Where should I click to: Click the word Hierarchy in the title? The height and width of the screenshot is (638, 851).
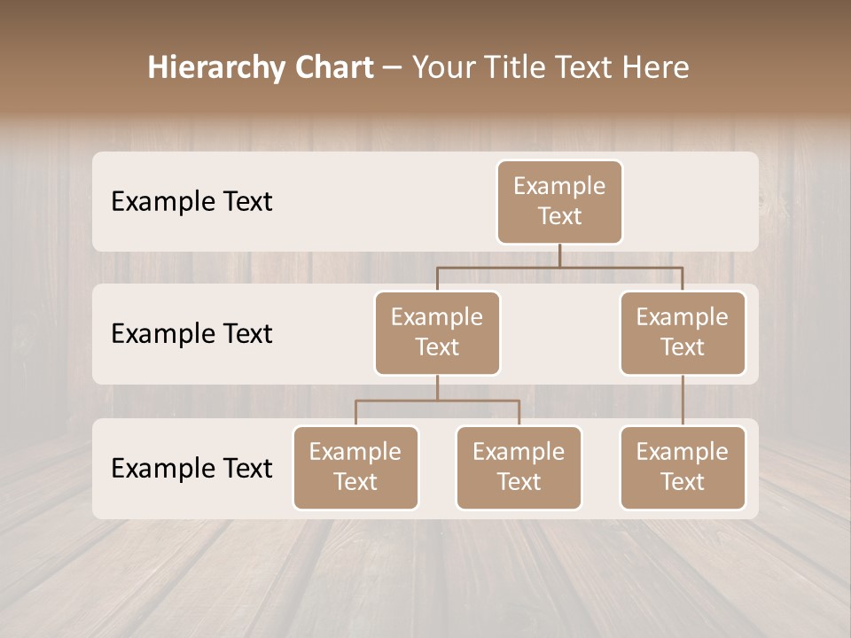216,68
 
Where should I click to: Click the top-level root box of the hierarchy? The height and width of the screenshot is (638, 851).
559,202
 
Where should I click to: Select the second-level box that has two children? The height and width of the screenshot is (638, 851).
437,333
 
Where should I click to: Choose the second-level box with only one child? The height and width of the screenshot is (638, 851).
683,333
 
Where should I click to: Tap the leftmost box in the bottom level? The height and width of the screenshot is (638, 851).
355,468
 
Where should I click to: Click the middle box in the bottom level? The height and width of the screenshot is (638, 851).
519,468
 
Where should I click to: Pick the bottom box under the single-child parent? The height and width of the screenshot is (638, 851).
683,468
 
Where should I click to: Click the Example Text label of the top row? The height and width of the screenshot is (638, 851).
191,202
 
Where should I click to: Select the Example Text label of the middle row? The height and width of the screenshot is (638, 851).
191,334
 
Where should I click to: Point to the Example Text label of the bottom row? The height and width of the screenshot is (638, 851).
191,468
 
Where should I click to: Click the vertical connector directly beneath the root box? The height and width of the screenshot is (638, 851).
559,255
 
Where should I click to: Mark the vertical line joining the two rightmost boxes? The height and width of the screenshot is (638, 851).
683,401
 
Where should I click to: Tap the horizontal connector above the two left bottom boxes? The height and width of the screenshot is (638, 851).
437,401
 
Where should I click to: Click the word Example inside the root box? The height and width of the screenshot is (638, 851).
559,186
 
